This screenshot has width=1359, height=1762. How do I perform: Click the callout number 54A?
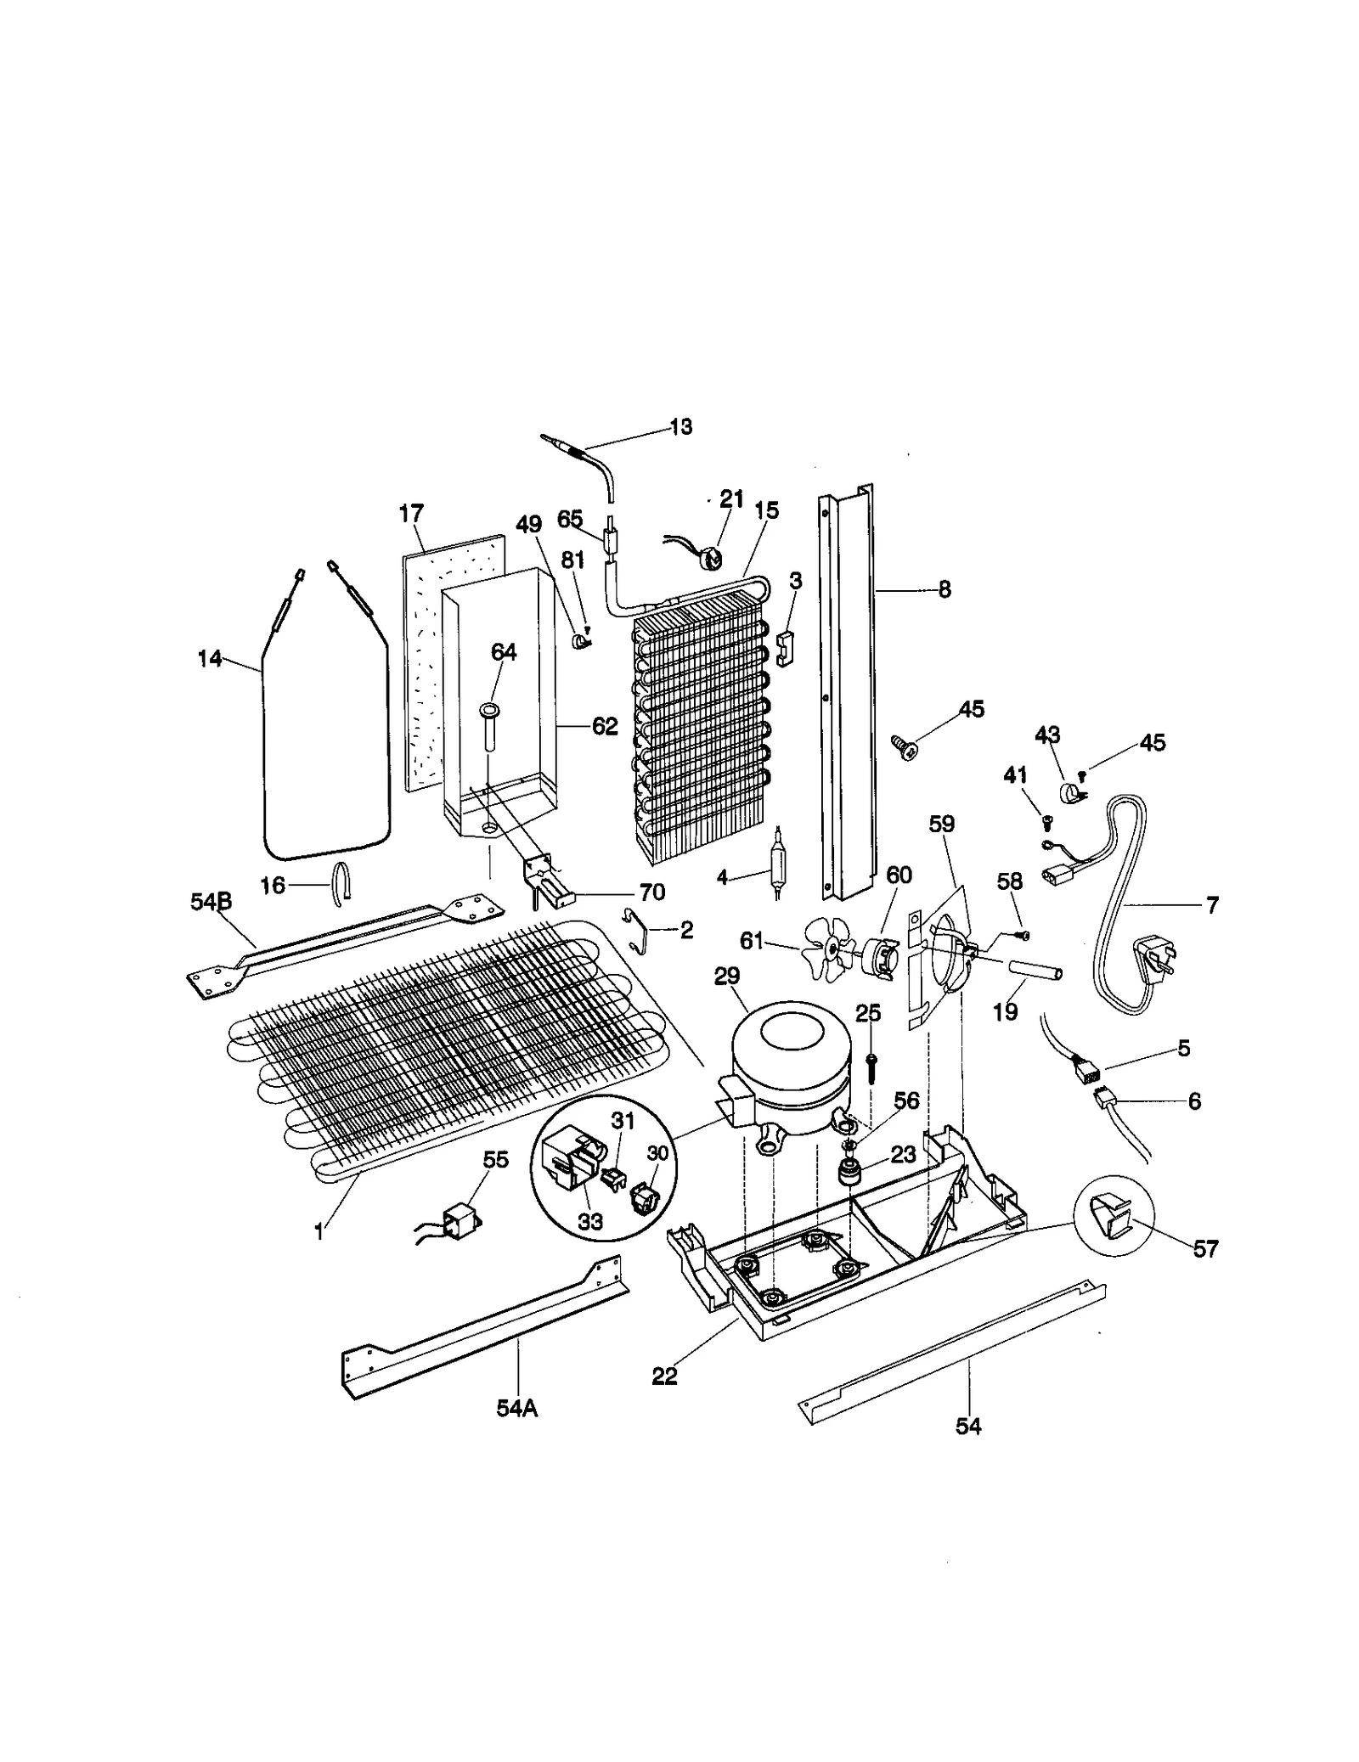click(x=517, y=1409)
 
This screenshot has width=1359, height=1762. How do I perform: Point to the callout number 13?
click(x=680, y=426)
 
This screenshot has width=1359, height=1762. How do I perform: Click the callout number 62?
click(x=604, y=726)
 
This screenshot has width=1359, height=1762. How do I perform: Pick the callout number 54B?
click(x=211, y=902)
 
